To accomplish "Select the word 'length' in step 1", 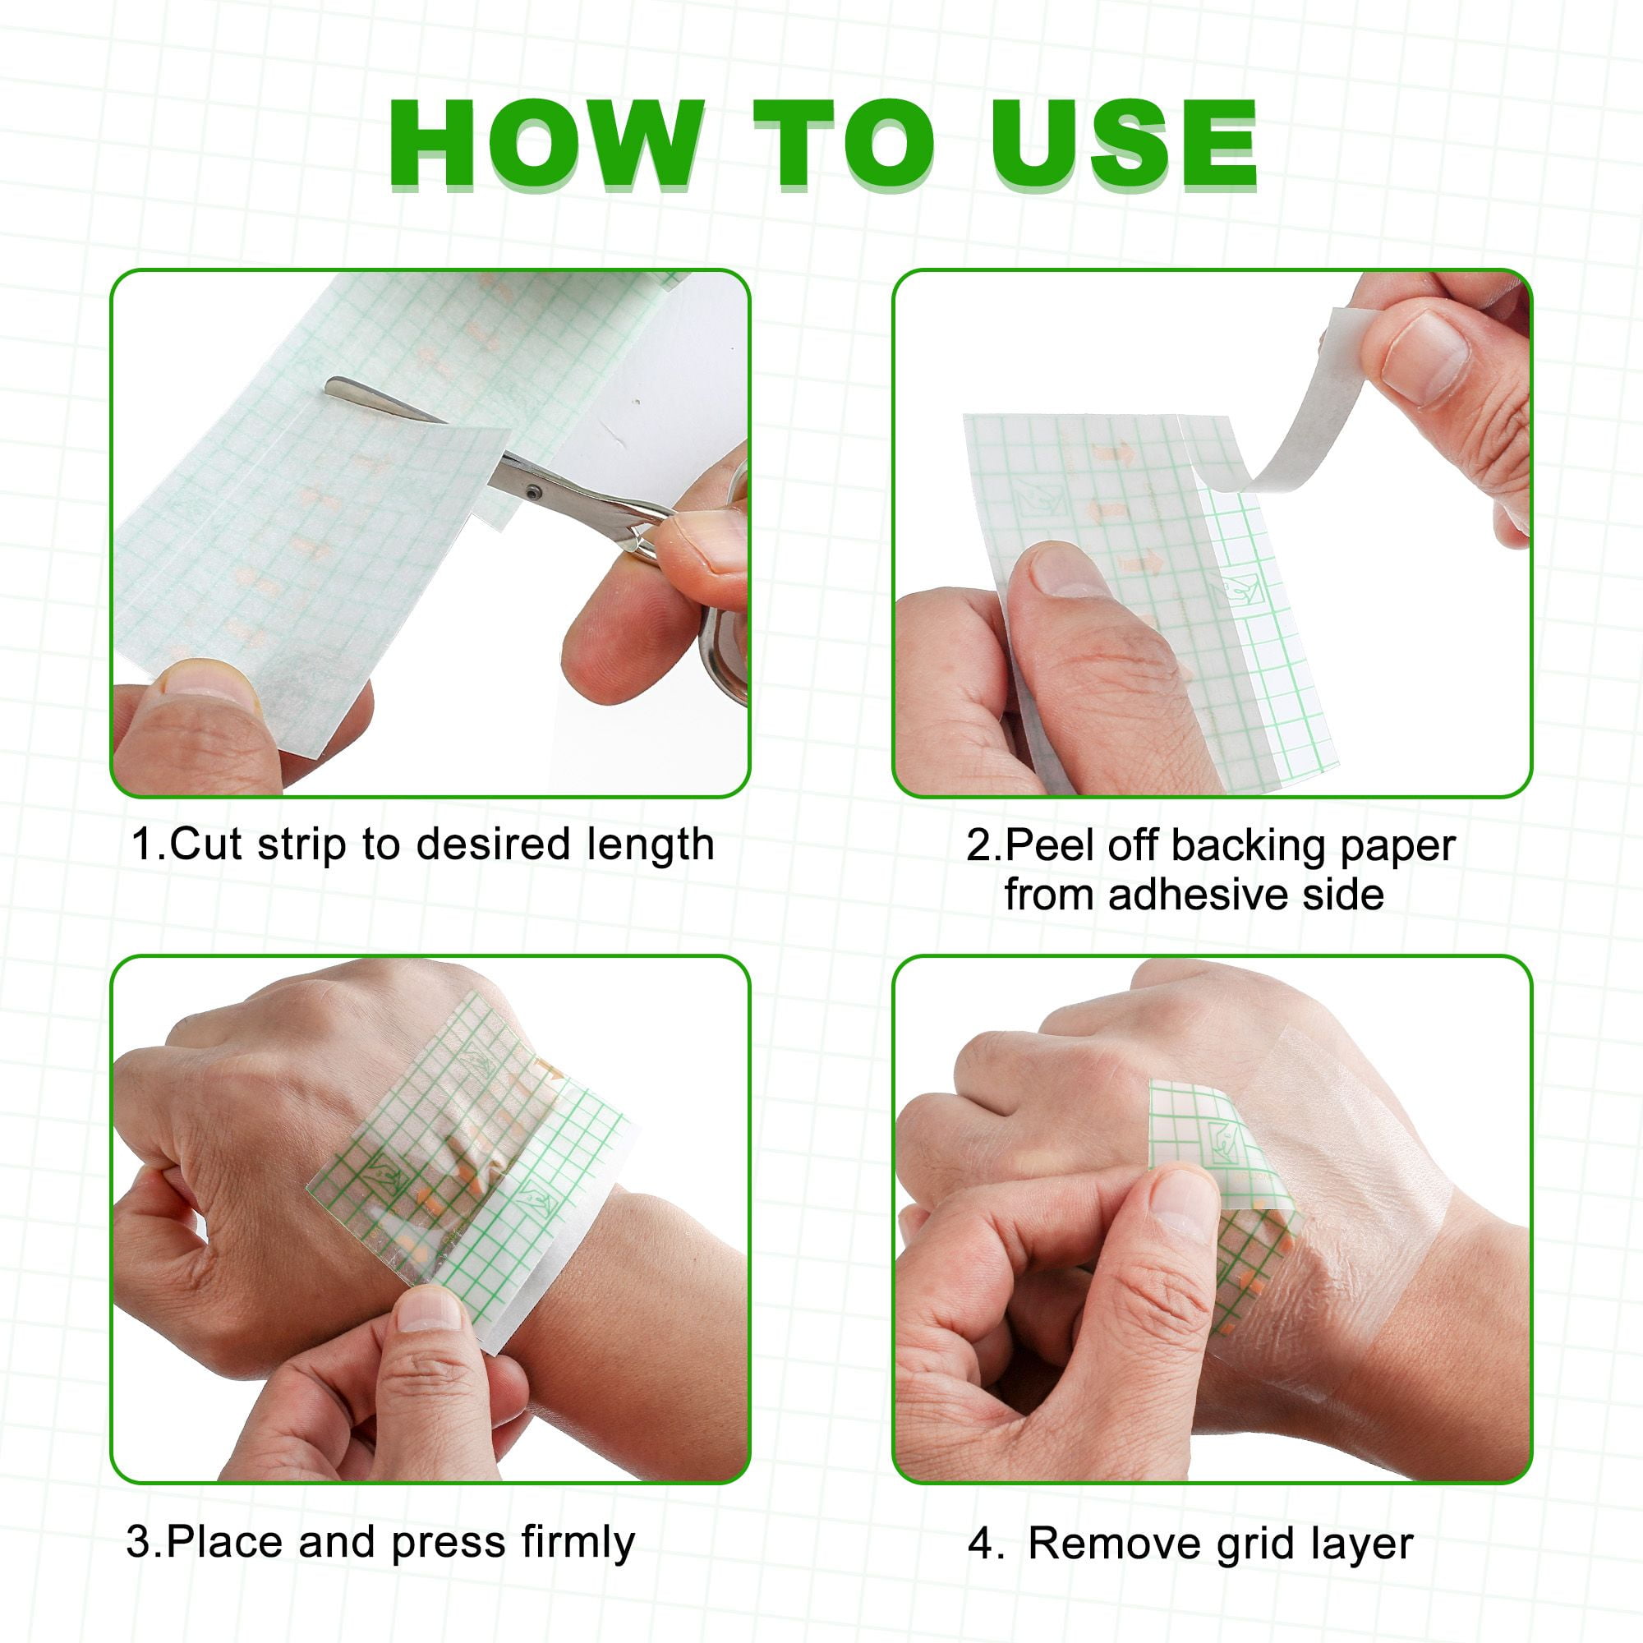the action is (x=651, y=846).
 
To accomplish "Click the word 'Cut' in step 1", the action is (x=206, y=845).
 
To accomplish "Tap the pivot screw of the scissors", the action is (x=532, y=491).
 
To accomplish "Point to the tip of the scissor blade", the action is (x=328, y=387).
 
